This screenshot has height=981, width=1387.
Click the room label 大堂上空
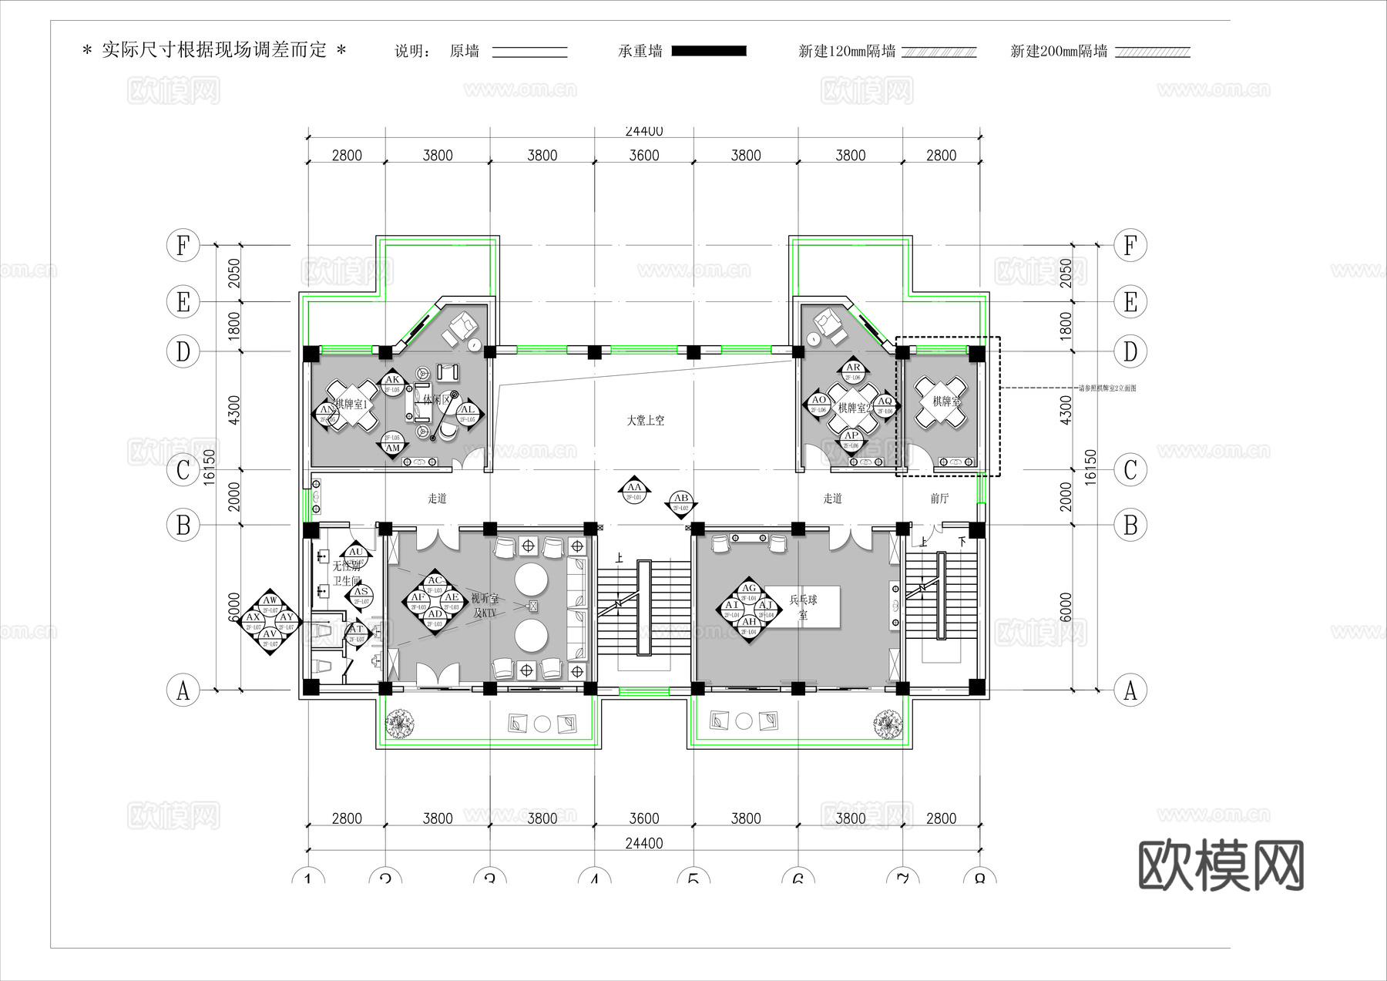pos(645,421)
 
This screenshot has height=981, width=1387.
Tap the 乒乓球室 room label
pos(803,606)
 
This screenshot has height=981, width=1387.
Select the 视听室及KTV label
pos(484,606)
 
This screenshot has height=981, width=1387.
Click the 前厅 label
pos(939,499)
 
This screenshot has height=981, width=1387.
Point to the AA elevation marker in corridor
pos(635,489)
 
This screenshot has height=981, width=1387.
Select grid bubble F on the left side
pos(183,246)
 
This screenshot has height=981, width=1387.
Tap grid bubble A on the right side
pos(1130,690)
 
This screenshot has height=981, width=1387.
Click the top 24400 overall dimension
pos(644,132)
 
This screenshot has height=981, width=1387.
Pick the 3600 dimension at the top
pos(644,156)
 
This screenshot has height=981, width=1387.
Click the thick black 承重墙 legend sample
pos(709,52)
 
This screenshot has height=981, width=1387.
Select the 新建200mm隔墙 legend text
pos(1059,52)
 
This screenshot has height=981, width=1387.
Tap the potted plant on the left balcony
pos(400,723)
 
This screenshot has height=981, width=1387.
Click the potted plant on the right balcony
pos(887,724)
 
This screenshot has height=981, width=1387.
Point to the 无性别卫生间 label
pos(346,573)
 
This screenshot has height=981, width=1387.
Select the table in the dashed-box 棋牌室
pos(940,403)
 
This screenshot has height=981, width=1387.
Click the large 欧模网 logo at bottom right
pos(1221,865)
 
